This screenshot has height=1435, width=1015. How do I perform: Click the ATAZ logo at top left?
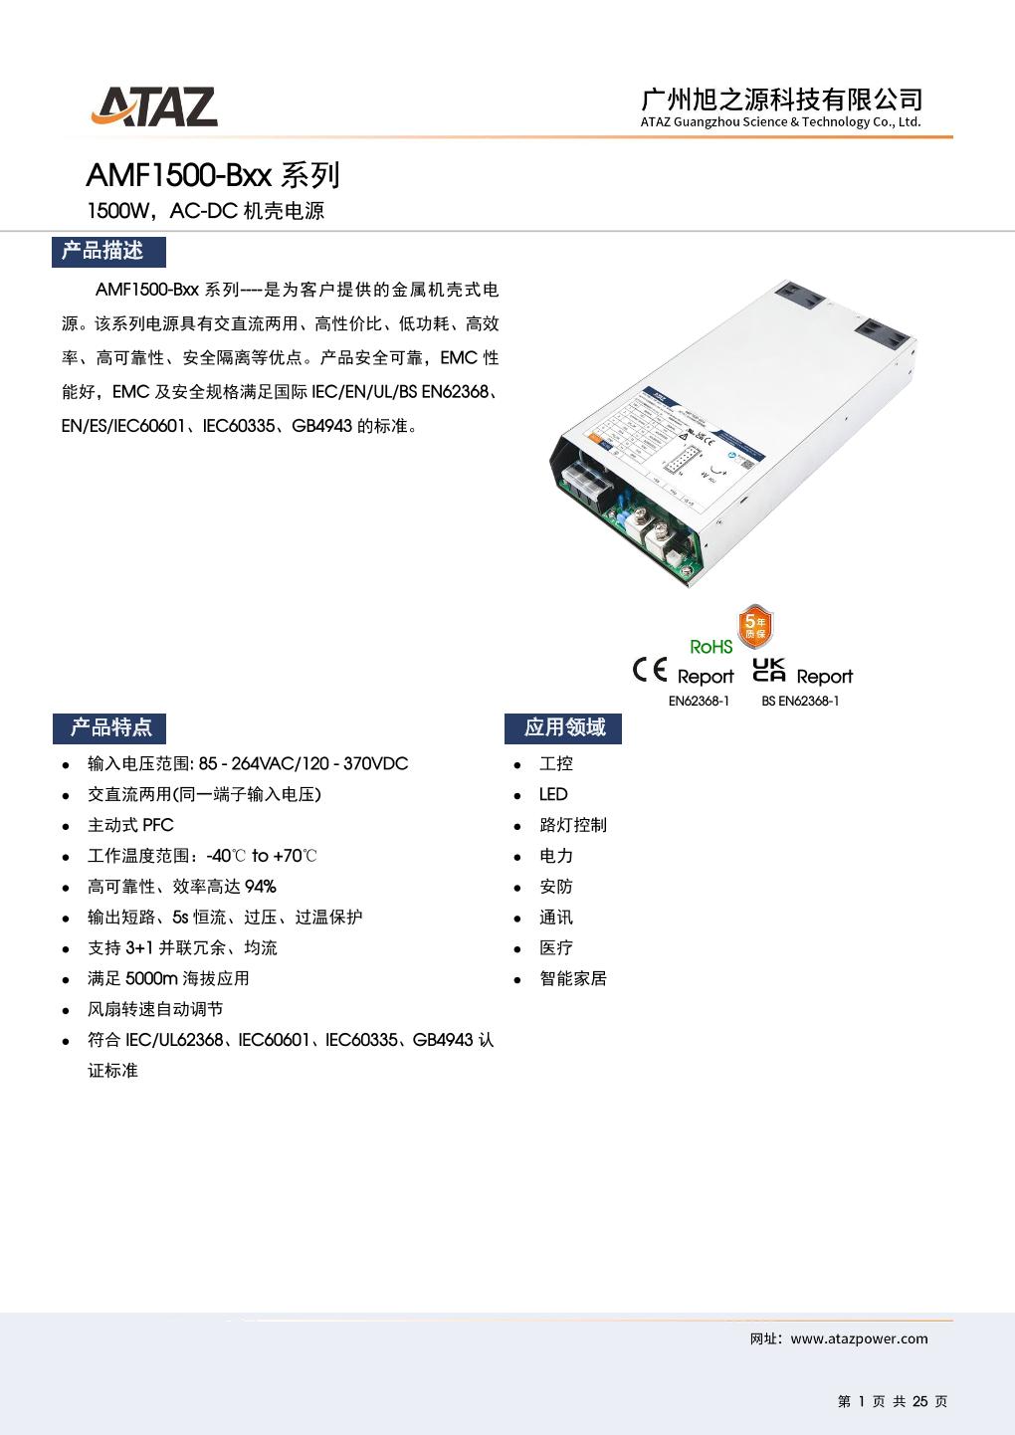(x=154, y=106)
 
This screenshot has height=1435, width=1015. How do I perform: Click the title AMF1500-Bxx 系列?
(x=213, y=175)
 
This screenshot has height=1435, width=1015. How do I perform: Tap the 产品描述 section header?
(x=107, y=251)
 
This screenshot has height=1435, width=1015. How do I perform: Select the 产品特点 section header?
(x=109, y=727)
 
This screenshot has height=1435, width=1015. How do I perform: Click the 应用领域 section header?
(x=563, y=727)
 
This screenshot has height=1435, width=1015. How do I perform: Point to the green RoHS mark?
(x=710, y=647)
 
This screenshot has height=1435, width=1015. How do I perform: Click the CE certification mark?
(x=650, y=671)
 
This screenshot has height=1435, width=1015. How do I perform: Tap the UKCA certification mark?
(x=769, y=670)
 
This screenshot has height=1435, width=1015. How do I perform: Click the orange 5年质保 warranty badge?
(x=754, y=626)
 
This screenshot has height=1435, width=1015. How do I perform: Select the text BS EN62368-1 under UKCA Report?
(x=800, y=701)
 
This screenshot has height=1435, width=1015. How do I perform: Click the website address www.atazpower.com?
(x=859, y=1338)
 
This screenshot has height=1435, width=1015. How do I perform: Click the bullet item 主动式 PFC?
(x=130, y=825)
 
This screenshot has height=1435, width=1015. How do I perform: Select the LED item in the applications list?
(x=553, y=794)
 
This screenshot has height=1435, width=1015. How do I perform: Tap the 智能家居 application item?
(x=573, y=978)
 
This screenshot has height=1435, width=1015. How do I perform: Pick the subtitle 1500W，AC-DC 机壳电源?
(x=206, y=211)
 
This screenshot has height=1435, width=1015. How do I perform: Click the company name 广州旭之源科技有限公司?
(x=781, y=99)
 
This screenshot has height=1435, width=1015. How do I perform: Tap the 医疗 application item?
(x=556, y=947)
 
